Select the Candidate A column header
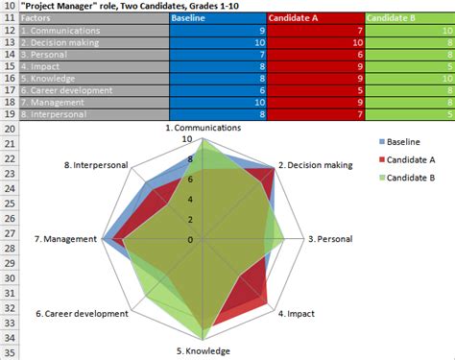pos(295,18)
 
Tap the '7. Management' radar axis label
pos(64,239)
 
